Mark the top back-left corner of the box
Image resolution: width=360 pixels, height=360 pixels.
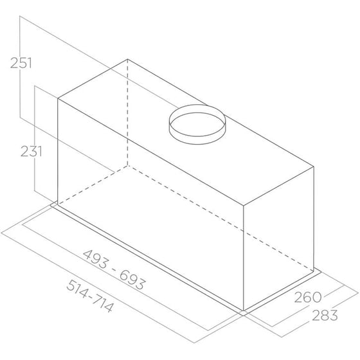128,59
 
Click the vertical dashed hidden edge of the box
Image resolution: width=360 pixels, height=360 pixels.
128,113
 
